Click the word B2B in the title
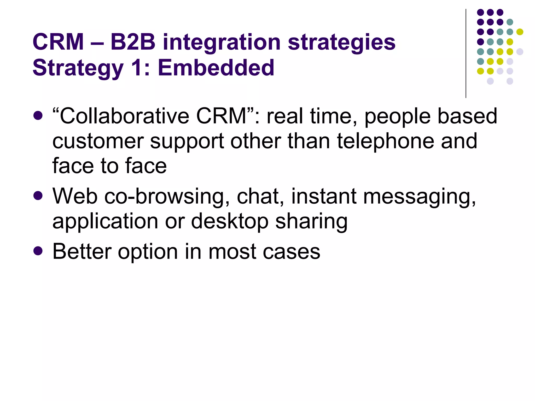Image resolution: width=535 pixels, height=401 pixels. click(133, 42)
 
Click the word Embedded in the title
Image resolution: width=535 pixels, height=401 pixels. click(216, 68)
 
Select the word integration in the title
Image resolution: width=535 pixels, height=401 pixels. click(222, 43)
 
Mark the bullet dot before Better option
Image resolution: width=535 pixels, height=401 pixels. click(38, 251)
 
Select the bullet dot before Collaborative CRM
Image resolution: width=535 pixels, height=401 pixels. click(38, 116)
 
